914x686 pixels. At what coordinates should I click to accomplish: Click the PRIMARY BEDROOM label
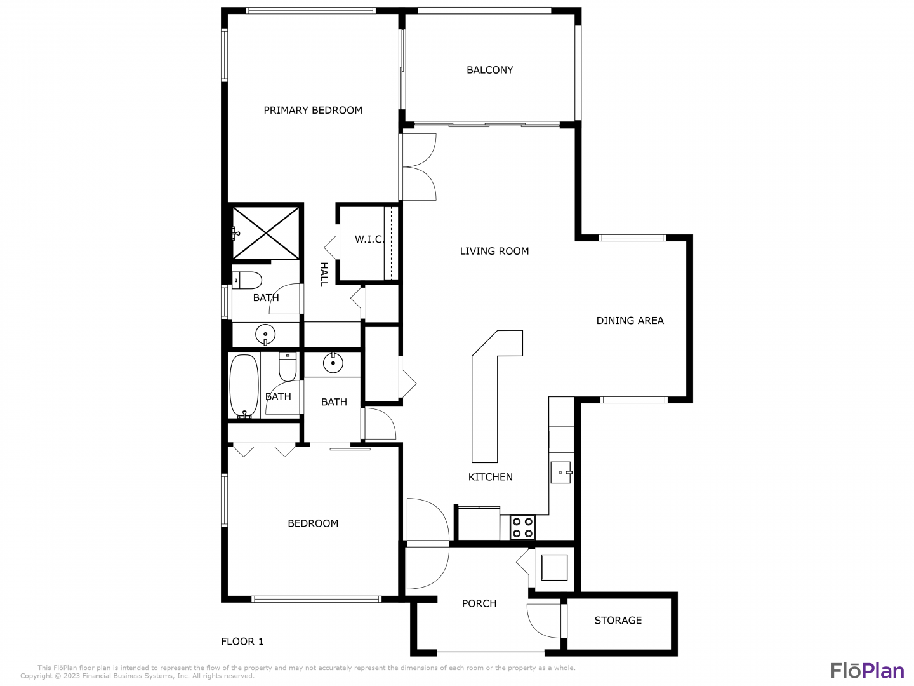[313, 111]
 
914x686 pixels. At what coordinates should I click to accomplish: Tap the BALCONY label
[489, 70]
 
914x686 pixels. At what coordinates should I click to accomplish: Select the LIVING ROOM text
[494, 251]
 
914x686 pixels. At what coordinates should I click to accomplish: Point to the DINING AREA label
[630, 321]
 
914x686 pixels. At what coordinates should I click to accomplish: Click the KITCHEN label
[490, 477]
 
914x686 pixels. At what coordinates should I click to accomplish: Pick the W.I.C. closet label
[369, 239]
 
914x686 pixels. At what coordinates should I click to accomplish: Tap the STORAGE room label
[618, 621]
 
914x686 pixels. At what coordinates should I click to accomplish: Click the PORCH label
[479, 603]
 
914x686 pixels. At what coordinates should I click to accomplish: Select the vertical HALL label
[324, 274]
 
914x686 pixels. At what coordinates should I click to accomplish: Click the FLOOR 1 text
[242, 642]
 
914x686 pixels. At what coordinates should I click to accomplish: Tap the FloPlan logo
[868, 671]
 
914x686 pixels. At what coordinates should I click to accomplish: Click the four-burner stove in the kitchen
[522, 528]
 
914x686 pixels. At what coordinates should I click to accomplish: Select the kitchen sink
[561, 473]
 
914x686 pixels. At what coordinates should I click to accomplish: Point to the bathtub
[244, 386]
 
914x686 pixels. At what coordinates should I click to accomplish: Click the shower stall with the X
[266, 233]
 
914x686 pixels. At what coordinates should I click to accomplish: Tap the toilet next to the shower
[247, 280]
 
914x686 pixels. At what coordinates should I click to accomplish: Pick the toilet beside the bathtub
[288, 367]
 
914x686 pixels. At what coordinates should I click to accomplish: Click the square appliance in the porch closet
[554, 567]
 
